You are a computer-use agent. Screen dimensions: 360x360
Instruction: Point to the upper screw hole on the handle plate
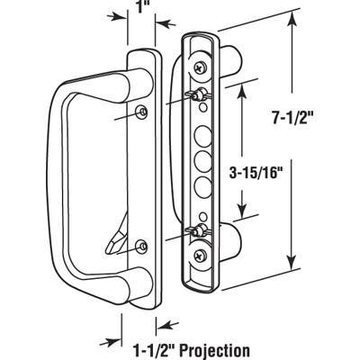(143, 110)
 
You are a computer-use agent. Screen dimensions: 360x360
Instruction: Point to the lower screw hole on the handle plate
(142, 246)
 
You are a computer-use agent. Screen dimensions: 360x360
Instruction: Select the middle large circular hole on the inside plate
(202, 165)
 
